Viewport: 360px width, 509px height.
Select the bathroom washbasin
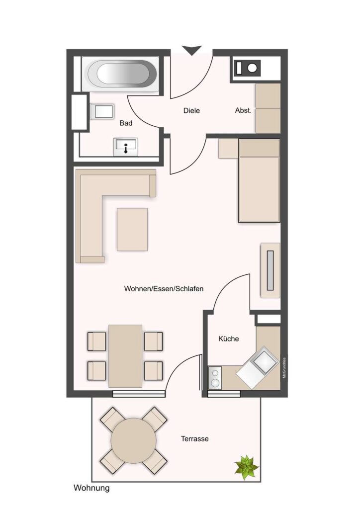[x=126, y=147]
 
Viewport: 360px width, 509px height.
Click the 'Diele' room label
[x=191, y=110]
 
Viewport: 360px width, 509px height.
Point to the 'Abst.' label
[x=243, y=110]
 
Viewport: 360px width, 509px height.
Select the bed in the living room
[x=259, y=181]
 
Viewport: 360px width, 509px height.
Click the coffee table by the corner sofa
[x=132, y=229]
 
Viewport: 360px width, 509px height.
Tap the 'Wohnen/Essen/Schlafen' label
[x=164, y=289]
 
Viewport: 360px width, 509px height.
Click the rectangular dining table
[x=125, y=356]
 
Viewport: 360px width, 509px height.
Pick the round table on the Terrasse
[x=133, y=441]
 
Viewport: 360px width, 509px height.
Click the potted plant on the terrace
[x=247, y=467]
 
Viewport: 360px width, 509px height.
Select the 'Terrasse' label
[x=195, y=439]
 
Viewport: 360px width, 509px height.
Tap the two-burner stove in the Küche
[x=215, y=378]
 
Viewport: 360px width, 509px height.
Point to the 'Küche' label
[x=229, y=339]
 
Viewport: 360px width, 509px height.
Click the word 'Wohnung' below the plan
[x=91, y=488]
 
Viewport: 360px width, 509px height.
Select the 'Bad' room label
[x=126, y=123]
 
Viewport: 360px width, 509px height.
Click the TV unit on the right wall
[x=270, y=270]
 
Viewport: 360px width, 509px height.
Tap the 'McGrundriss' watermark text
[x=284, y=368]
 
